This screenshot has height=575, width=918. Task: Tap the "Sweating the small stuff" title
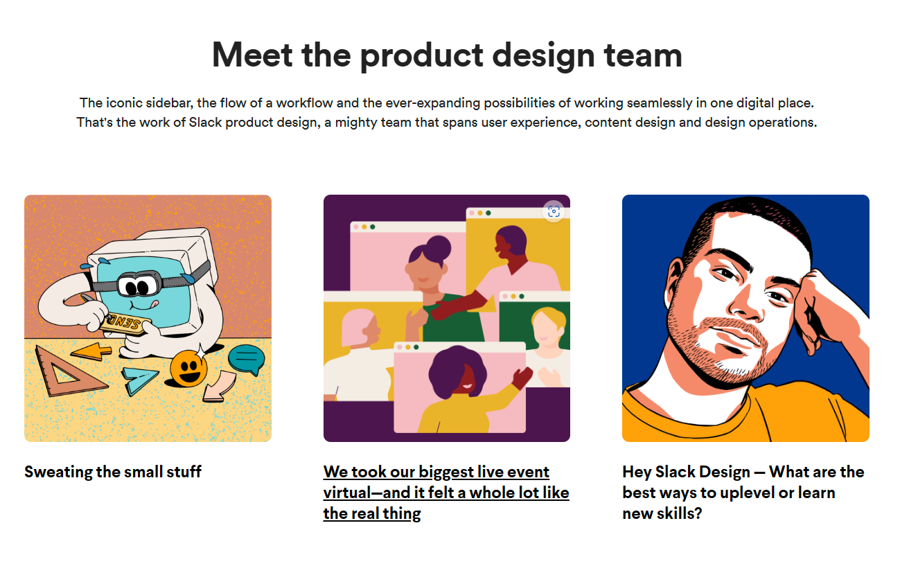[113, 472]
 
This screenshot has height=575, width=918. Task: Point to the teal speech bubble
[246, 359]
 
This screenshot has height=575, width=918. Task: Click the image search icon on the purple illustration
[553, 212]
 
